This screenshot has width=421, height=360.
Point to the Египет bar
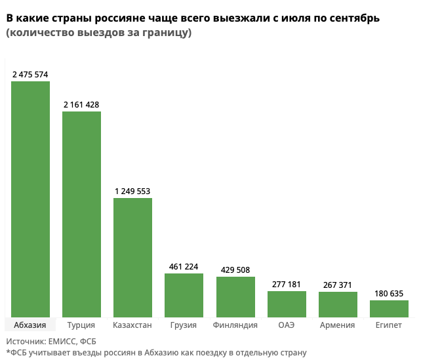pos(389,309)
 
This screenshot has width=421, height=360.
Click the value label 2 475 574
pos(30,75)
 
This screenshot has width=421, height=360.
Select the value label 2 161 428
pos(81,105)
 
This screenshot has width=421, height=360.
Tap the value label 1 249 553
pos(132,191)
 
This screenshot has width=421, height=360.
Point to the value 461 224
pos(184,267)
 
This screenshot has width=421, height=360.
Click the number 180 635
pos(389,294)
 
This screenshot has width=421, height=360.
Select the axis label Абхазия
pos(30,325)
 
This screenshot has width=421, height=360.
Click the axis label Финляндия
pos(235,325)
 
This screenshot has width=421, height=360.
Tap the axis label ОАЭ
pos(287,325)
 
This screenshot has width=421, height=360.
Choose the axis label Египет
pos(389,325)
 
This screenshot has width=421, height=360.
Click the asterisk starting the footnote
pos(8,352)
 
